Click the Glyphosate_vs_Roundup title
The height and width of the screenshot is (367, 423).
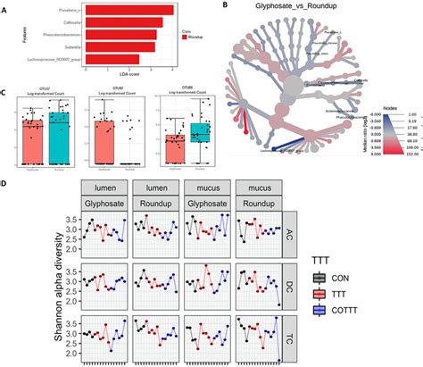(x=282, y=8)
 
